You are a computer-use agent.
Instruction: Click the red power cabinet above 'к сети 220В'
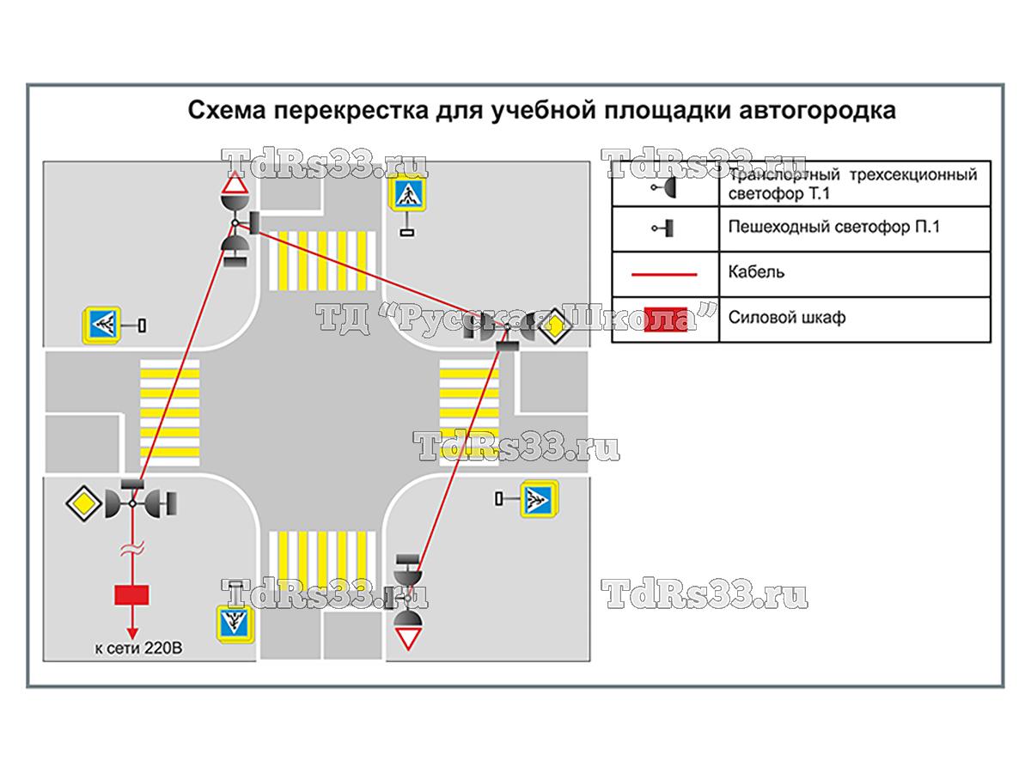point(131,594)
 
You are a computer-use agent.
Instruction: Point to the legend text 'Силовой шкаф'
point(786,317)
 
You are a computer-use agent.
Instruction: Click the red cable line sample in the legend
point(664,274)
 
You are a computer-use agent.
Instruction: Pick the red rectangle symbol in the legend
point(666,318)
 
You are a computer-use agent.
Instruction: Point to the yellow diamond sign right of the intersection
point(557,326)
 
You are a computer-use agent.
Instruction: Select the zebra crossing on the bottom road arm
point(323,561)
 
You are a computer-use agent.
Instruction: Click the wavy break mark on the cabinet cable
point(131,549)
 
